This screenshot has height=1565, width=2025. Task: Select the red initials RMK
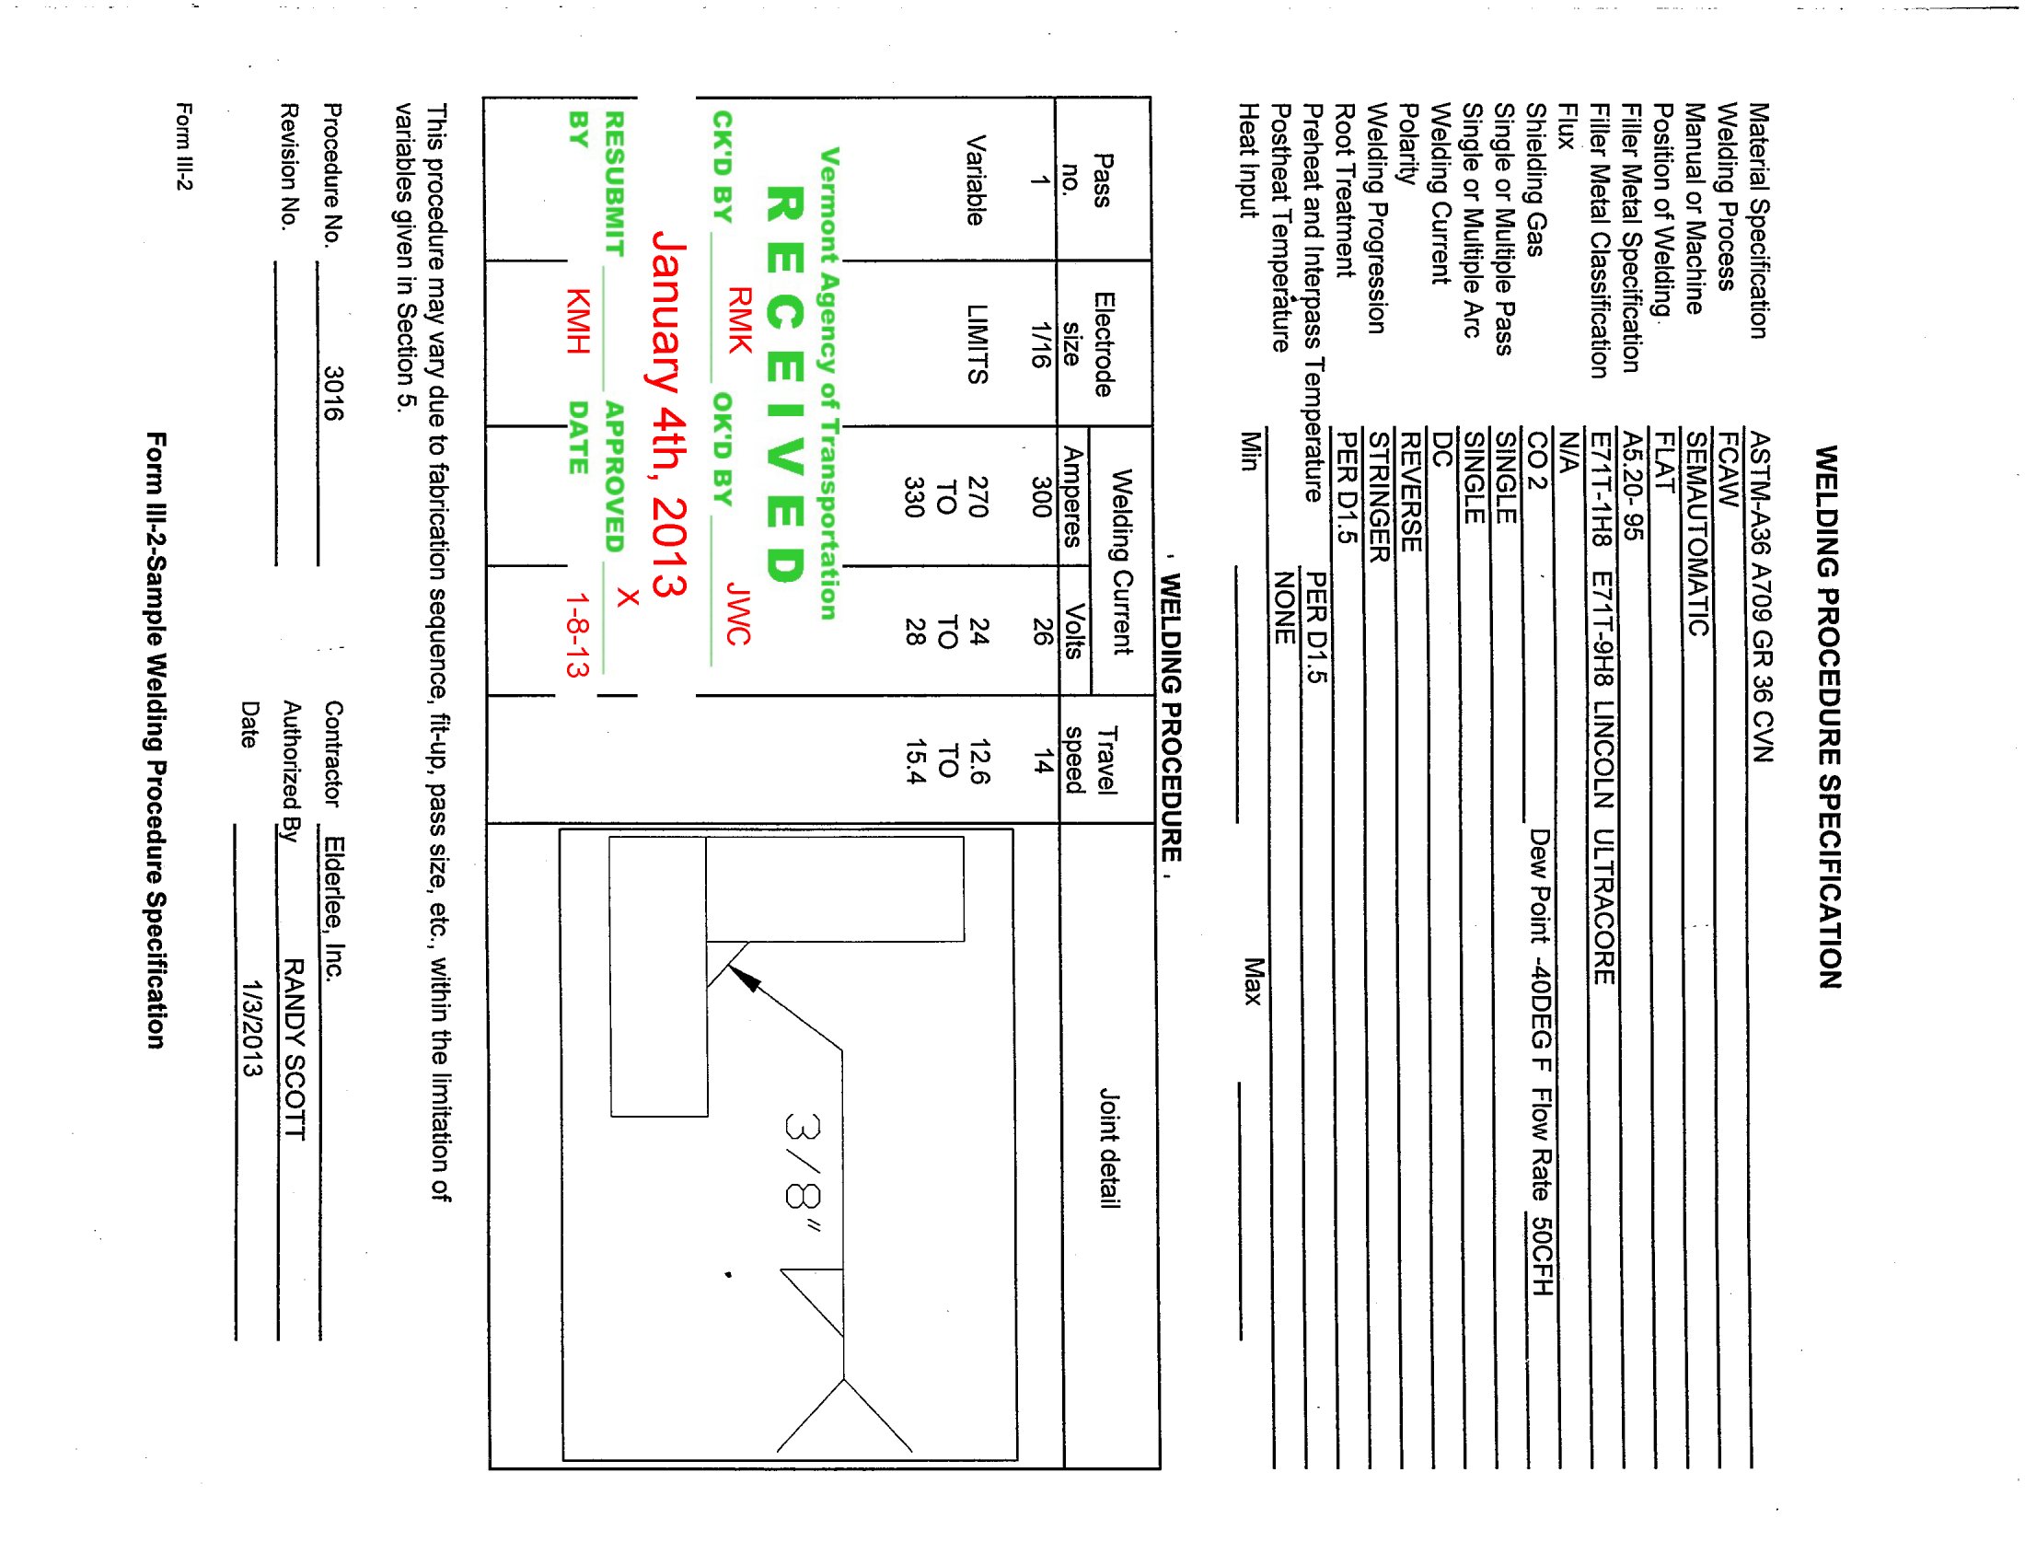pyautogui.click(x=739, y=319)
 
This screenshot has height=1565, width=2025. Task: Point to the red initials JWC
pyautogui.click(x=738, y=613)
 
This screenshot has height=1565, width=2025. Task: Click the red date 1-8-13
pyautogui.click(x=578, y=635)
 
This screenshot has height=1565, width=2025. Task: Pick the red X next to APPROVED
pyautogui.click(x=628, y=597)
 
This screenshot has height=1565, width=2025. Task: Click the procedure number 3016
pyautogui.click(x=333, y=393)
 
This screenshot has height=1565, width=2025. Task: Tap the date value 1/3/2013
pyautogui.click(x=251, y=1029)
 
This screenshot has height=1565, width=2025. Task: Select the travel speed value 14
pyautogui.click(x=1042, y=761)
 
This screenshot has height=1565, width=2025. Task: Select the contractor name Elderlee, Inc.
pyautogui.click(x=334, y=908)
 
